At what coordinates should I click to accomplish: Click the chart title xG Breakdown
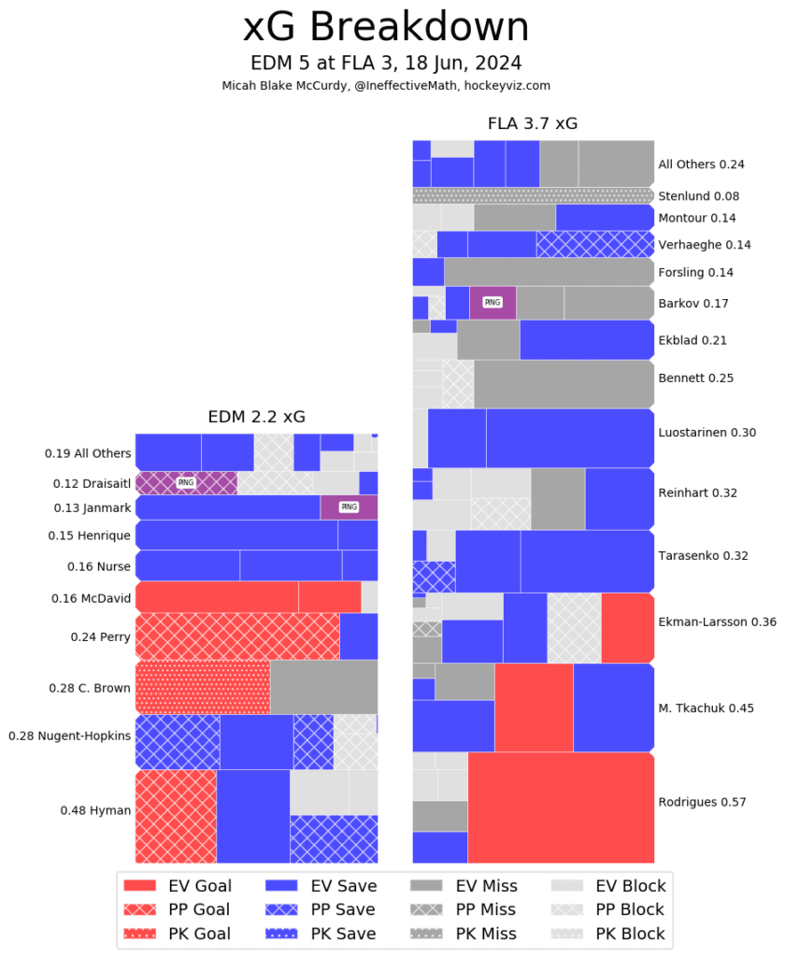click(386, 28)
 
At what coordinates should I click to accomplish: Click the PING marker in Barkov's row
click(492, 303)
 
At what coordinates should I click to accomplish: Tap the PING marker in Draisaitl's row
click(186, 483)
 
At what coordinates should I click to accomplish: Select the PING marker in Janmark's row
click(349, 507)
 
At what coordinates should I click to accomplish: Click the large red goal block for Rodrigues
click(561, 807)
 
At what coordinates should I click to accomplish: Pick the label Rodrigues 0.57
click(703, 802)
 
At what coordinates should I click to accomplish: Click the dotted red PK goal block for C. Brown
click(203, 687)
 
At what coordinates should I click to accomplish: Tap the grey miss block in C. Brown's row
click(323, 687)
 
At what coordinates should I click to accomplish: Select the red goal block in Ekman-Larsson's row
click(627, 628)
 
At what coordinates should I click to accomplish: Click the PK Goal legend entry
click(178, 933)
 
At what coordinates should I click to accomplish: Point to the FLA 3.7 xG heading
click(533, 123)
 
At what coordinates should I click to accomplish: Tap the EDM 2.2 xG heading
click(256, 417)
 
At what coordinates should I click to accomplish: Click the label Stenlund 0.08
click(698, 196)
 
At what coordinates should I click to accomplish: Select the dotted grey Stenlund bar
click(533, 195)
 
